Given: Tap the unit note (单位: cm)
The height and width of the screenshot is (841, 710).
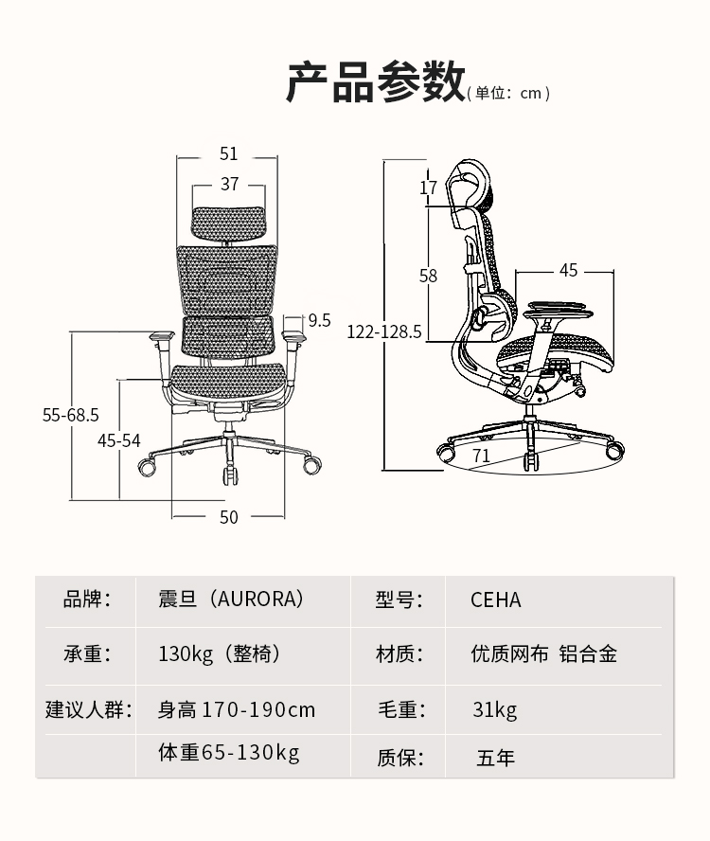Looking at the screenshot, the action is (x=508, y=93).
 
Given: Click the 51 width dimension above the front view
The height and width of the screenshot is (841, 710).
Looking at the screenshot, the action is (x=229, y=153).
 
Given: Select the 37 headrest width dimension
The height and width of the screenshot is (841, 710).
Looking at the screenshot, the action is (x=229, y=184).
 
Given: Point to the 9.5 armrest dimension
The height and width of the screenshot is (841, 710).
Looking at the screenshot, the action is (x=319, y=320).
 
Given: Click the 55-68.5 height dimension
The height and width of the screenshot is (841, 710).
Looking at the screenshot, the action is (x=71, y=415).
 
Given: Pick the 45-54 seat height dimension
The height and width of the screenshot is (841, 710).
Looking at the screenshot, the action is (x=119, y=439).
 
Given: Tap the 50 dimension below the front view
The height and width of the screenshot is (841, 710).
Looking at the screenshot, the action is (x=229, y=516).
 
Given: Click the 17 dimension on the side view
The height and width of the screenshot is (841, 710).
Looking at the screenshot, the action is (x=429, y=188).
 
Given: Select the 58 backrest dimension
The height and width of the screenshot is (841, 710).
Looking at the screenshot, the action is (x=428, y=276).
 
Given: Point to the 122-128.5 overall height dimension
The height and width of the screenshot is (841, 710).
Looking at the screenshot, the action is (x=384, y=332).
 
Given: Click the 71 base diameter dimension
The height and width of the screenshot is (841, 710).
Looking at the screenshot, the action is (x=481, y=455).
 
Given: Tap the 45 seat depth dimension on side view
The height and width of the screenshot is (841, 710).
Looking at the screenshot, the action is (x=568, y=271).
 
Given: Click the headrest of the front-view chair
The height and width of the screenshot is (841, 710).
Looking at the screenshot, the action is (x=228, y=222).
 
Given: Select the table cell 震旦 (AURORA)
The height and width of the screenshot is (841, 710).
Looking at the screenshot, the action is (x=231, y=599).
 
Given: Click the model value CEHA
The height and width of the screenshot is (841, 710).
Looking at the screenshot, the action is (x=496, y=600).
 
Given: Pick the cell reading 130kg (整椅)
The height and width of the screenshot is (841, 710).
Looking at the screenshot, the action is (x=220, y=653).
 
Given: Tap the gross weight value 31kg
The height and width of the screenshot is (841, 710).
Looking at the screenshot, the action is (x=495, y=709).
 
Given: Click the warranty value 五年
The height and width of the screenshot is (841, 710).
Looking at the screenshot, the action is (x=495, y=758).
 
